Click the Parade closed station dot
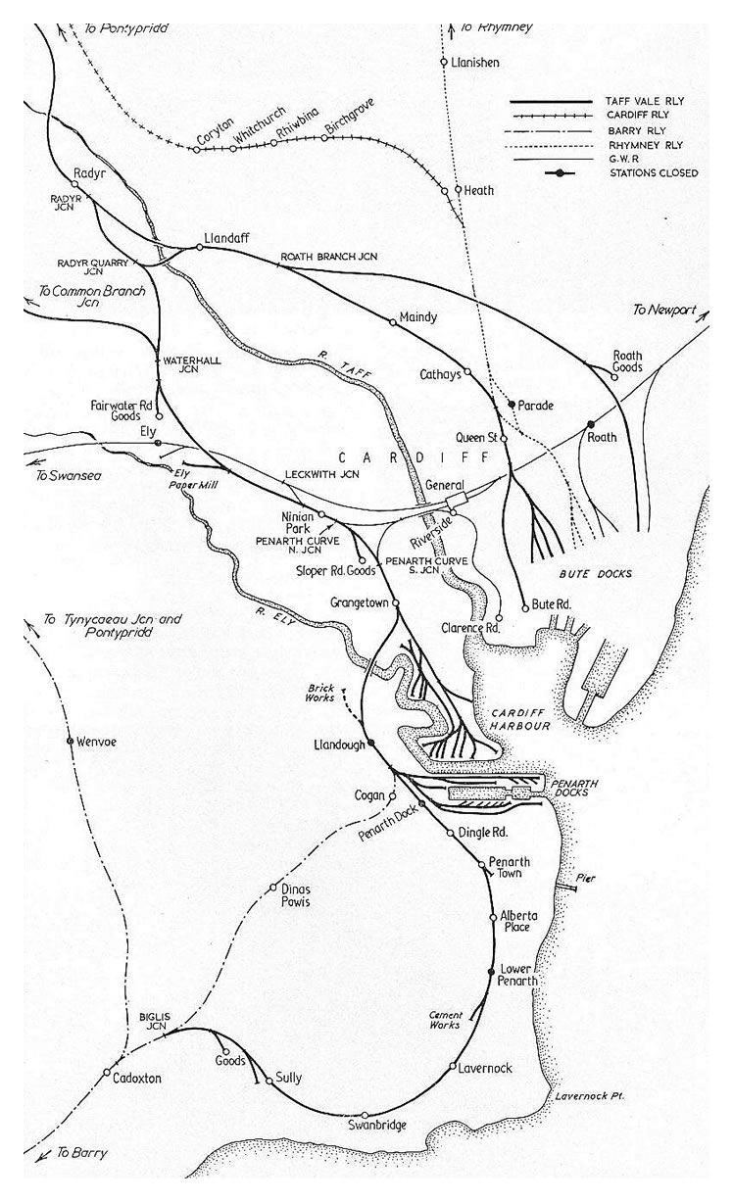click(512, 404)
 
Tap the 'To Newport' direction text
click(663, 310)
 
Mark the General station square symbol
click(452, 502)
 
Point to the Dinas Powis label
click(295, 895)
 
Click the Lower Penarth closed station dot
click(491, 971)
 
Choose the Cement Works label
click(445, 1020)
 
